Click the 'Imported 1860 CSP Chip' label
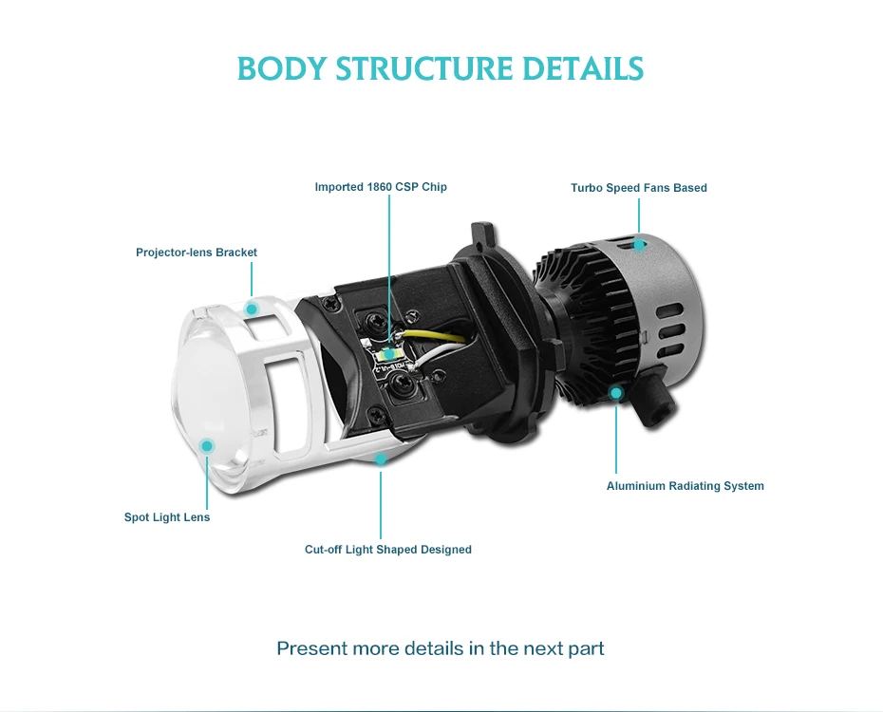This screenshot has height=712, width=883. point(381,187)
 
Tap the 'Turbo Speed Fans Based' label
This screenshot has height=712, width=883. point(639,188)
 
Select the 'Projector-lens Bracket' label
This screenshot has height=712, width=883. point(196,253)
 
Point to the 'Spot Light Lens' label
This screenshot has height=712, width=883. point(167,517)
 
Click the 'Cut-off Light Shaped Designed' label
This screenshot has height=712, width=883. point(388,550)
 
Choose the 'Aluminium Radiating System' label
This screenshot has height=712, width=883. point(685,486)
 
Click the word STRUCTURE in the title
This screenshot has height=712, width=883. point(424,68)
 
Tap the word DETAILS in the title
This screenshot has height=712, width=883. point(583,68)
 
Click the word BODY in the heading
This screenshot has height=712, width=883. point(282,68)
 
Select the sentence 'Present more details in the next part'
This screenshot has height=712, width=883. point(441,648)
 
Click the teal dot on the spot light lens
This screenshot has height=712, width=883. point(207,446)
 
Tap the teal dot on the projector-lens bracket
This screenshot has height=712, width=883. point(252,309)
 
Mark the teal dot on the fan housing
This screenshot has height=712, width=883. point(639,245)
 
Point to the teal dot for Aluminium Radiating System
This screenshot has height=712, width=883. point(616,393)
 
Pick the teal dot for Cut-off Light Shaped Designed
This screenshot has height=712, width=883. point(381,459)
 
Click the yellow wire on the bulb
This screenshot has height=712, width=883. point(434,334)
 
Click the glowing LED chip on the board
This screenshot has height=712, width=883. point(389,354)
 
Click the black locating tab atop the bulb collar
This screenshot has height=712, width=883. point(483,233)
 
